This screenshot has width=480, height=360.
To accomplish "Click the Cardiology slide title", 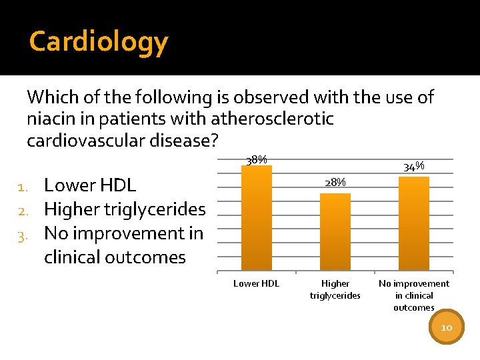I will (99, 41).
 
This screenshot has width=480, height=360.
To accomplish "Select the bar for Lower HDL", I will (257, 218).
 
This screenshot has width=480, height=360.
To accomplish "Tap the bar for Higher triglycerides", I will (335, 232).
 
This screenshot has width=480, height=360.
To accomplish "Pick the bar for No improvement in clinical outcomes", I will (413, 224).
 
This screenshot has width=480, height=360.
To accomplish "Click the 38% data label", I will (257, 160).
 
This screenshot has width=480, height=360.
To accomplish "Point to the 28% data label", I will (335, 183).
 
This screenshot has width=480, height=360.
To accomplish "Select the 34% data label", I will (414, 167).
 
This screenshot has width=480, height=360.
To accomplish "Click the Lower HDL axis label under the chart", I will (257, 284).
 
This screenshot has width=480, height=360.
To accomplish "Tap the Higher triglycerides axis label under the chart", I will (335, 289).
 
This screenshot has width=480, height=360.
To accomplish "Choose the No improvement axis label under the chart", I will (413, 295).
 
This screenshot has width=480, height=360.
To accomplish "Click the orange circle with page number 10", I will (446, 327).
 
